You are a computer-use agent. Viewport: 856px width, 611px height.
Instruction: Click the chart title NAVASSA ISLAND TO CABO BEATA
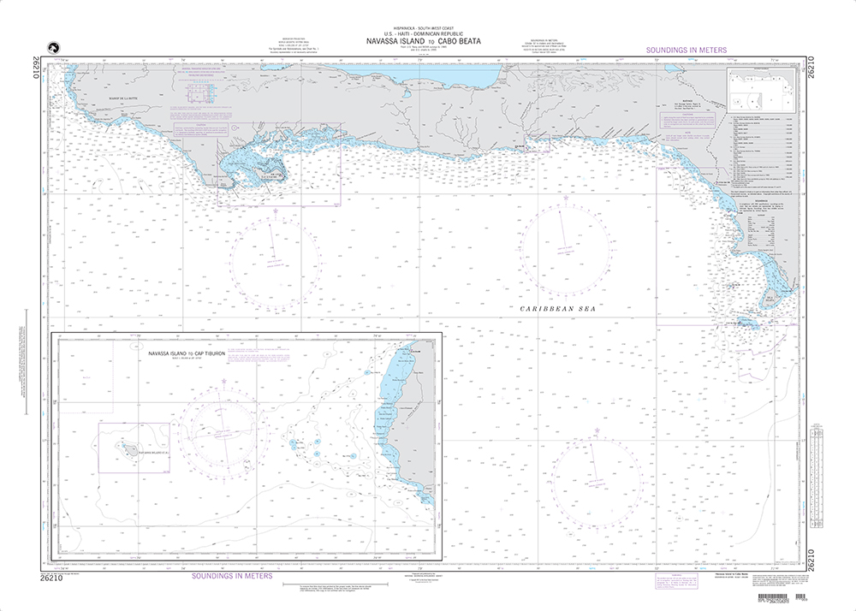click(x=427, y=39)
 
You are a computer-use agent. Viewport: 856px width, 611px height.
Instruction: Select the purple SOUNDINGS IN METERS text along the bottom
click(x=228, y=576)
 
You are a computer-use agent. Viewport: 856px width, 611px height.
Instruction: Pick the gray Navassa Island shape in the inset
click(x=126, y=445)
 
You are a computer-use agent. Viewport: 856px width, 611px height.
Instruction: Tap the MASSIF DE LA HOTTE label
click(x=114, y=99)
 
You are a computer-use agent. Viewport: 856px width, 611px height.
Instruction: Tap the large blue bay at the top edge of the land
click(x=445, y=77)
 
